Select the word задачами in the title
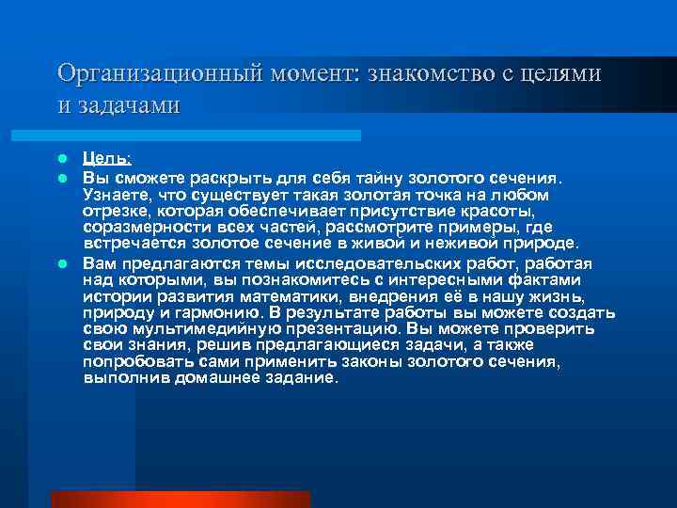pos(125,104)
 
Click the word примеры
pos(470,228)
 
